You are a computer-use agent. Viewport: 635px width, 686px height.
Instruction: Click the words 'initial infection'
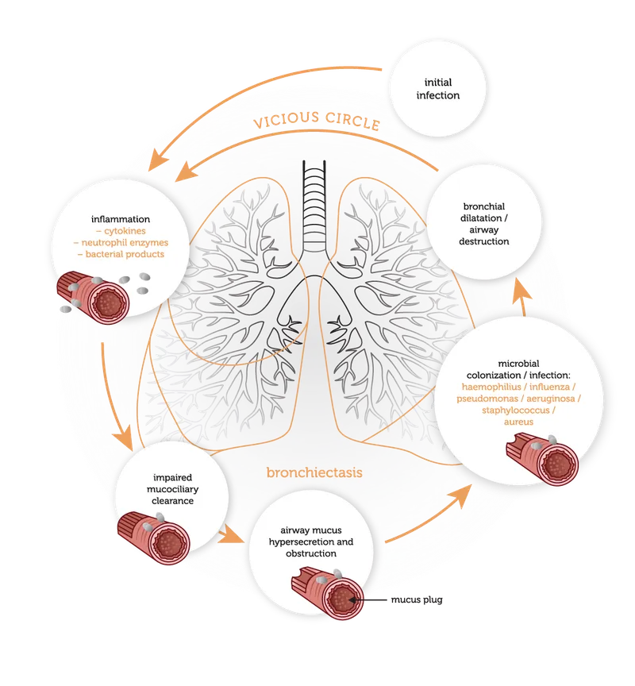[x=441, y=88]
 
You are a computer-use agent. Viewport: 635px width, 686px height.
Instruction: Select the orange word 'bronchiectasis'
[x=314, y=472]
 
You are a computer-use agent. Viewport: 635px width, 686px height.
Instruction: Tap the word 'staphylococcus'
[x=518, y=410]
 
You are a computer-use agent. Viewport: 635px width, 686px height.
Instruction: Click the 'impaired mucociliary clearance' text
[x=173, y=490]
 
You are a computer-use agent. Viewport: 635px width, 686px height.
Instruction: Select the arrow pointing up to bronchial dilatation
[x=520, y=298]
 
